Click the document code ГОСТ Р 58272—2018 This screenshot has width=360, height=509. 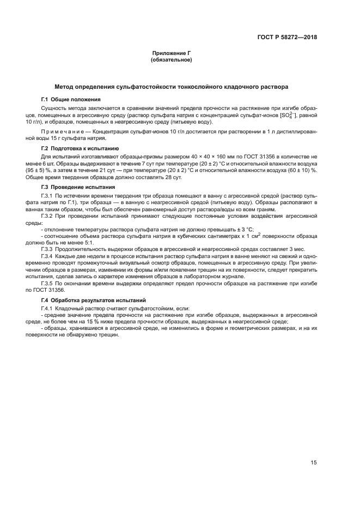point(287,38)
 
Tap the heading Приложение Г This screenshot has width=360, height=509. point(171,53)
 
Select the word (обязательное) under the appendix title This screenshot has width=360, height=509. point(171,60)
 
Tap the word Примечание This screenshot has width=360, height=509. point(64,132)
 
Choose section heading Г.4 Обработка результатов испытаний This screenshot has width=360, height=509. point(93,300)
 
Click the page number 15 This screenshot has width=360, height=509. point(314,463)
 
